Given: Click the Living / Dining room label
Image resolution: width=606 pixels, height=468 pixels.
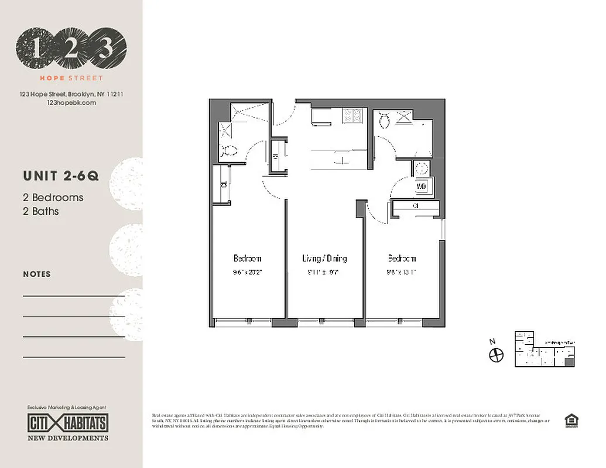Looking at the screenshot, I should (x=324, y=258).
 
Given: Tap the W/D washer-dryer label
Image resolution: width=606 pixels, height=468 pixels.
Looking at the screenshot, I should (x=422, y=186).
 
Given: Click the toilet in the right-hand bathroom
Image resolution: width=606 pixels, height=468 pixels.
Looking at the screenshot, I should (x=385, y=120).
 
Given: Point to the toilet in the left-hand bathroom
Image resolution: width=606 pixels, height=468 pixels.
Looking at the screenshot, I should (x=229, y=151).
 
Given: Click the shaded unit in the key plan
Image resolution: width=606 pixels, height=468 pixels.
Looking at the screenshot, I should (x=569, y=363).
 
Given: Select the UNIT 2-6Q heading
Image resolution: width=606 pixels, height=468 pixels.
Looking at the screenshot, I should (x=61, y=176).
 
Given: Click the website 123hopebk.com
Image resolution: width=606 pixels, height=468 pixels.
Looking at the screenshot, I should (x=70, y=102).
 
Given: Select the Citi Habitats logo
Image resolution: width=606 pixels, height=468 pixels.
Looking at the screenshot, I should (x=68, y=423).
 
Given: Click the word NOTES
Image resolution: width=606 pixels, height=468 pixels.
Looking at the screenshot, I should (x=37, y=274).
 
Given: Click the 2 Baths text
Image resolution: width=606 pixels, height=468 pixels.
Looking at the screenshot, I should (x=41, y=211).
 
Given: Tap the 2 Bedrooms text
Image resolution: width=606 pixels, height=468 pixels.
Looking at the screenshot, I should (x=53, y=198).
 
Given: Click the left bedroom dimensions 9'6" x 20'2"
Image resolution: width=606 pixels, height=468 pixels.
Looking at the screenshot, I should (x=247, y=271).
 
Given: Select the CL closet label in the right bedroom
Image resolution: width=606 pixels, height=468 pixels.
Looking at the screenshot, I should (x=415, y=206).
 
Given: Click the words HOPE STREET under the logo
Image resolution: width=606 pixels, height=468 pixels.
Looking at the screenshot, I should (x=71, y=78).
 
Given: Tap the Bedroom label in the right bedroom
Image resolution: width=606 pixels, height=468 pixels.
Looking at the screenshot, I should (x=402, y=258).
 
